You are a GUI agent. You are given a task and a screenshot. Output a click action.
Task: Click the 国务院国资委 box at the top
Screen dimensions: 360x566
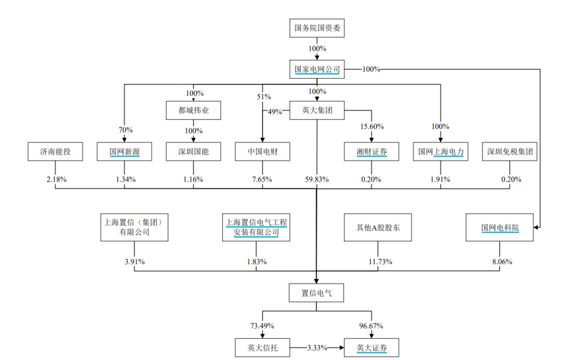tap(317, 28)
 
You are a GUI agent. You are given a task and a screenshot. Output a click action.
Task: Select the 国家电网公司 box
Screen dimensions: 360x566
tap(317, 69)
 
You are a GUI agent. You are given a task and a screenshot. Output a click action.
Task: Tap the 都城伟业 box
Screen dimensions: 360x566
tap(193, 111)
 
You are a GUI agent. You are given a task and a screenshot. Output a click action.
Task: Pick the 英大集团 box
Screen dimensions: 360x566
tap(317, 111)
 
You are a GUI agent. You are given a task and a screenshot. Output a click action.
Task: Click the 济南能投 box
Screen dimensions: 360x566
tap(55, 152)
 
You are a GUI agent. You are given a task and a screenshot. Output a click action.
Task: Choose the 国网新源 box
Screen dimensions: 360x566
tap(125, 152)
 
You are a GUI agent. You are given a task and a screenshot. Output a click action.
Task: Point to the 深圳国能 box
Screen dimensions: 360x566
tap(193, 152)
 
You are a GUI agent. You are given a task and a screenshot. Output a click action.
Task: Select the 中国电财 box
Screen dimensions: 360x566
tap(263, 152)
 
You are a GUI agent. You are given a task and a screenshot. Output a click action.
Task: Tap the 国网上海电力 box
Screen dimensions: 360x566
tap(441, 152)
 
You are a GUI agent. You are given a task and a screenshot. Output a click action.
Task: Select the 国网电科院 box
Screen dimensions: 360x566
tap(500, 228)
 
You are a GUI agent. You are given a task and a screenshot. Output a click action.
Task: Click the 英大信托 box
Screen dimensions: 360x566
tap(263, 347)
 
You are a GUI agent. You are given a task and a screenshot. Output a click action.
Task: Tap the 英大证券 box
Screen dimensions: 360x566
tap(371, 347)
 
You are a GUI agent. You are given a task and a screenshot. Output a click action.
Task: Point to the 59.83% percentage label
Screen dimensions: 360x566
tap(317, 180)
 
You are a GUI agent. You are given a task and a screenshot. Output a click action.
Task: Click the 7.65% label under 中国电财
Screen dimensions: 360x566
tap(263, 180)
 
